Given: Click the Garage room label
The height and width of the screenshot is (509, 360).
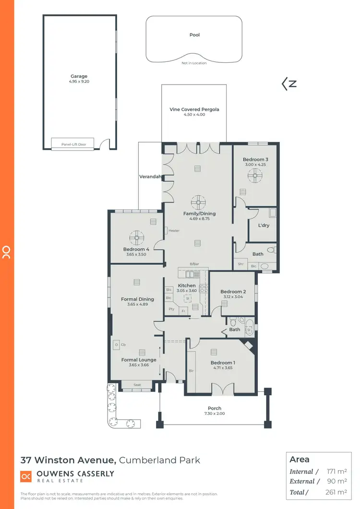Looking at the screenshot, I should [x=79, y=76].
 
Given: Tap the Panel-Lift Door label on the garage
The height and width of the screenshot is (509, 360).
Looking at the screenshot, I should [x=73, y=144].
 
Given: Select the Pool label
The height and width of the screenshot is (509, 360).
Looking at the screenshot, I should [x=194, y=35].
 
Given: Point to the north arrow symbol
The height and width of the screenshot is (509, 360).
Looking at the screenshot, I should [x=289, y=84].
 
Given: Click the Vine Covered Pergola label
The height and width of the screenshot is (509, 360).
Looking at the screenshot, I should [x=194, y=109].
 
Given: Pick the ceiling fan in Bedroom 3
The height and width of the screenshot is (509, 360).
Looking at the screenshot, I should [x=255, y=177].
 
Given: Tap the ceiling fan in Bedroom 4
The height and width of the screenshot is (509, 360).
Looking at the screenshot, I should [x=137, y=237].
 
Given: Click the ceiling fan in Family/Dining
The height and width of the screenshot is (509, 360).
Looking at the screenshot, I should [x=197, y=201].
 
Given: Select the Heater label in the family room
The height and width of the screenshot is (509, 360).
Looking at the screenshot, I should [x=174, y=231].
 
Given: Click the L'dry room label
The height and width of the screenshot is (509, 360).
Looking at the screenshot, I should [x=263, y=225].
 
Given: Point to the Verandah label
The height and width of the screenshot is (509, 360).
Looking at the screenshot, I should [x=149, y=176].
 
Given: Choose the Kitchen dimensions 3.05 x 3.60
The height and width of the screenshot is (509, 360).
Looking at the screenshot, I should [x=187, y=291].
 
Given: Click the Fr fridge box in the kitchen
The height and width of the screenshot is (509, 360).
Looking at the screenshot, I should [x=183, y=311].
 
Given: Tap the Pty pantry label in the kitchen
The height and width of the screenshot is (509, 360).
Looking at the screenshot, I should [x=171, y=309].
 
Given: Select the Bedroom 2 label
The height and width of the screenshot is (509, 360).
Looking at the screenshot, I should [x=233, y=291].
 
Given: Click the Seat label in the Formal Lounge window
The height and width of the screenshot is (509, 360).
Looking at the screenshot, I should [x=137, y=385].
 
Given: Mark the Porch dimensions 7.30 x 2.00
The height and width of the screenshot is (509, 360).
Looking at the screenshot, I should [x=215, y=414].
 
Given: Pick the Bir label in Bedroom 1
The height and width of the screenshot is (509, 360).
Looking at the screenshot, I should [x=192, y=371].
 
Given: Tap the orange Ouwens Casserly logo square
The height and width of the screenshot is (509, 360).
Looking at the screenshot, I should [x=26, y=476].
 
